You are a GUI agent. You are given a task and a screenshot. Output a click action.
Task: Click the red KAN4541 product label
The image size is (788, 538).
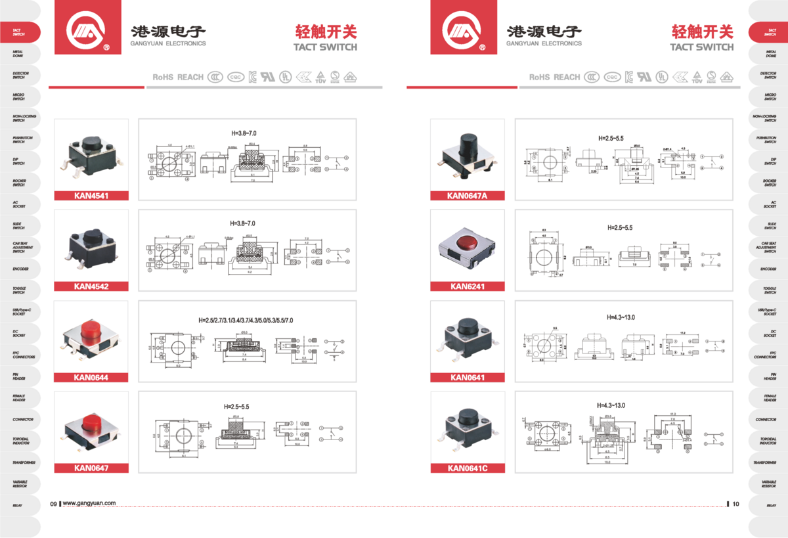click(91, 195)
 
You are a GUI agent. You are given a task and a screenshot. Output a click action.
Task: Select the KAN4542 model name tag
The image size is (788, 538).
click(91, 286)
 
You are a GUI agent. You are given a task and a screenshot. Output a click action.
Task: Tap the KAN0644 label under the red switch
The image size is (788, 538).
click(91, 377)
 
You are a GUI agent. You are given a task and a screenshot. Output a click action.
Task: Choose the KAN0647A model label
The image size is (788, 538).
click(467, 195)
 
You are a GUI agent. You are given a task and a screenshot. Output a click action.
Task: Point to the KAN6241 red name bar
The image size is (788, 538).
click(467, 286)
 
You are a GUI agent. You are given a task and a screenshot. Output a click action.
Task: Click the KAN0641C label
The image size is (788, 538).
click(467, 468)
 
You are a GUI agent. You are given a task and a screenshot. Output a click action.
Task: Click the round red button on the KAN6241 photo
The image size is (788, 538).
click(467, 240)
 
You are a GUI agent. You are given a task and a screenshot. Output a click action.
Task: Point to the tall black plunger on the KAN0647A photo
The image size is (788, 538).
click(468, 145)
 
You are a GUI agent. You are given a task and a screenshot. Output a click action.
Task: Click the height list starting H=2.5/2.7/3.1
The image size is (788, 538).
click(246, 320)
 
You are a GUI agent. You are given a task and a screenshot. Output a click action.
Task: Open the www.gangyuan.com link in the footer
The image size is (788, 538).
click(89, 504)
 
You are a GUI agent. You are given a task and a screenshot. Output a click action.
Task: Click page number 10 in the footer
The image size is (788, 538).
click(735, 504)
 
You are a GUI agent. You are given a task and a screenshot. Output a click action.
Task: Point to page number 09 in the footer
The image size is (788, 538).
click(54, 504)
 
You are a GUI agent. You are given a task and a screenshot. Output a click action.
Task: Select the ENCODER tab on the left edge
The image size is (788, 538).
click(20, 269)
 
